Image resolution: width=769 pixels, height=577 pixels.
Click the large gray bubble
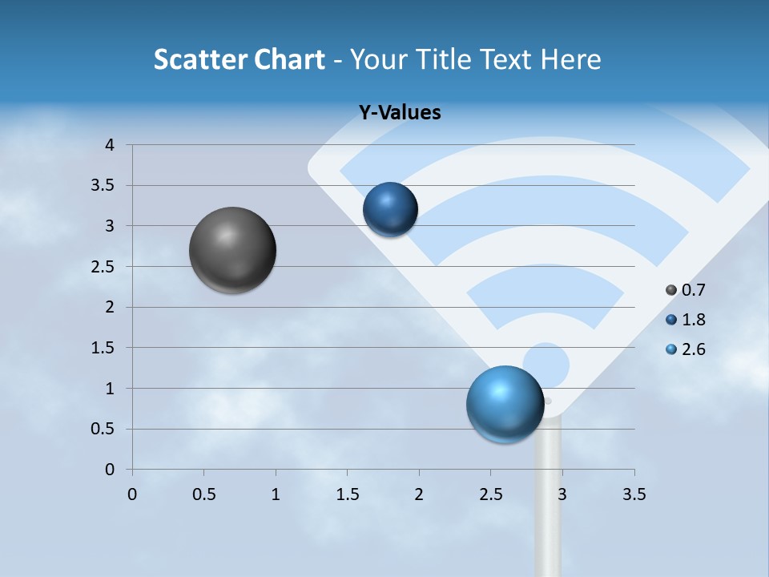click(233, 250)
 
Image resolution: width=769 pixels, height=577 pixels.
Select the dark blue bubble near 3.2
click(390, 209)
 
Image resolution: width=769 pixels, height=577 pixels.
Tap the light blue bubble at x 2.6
click(505, 404)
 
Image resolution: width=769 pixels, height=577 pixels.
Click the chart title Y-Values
click(399, 113)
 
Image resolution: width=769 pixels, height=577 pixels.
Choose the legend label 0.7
click(694, 290)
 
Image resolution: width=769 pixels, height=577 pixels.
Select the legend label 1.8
click(694, 320)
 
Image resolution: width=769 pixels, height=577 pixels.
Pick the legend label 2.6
click(694, 349)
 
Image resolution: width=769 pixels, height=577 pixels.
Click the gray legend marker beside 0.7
click(671, 290)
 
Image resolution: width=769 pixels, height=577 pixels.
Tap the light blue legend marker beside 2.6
click(671, 349)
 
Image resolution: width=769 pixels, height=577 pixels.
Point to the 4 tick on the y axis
click(111, 145)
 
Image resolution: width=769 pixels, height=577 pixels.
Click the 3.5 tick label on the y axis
click(104, 186)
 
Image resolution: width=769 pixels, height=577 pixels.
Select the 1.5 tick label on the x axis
click(347, 494)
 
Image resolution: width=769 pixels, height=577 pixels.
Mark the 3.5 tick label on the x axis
click(634, 494)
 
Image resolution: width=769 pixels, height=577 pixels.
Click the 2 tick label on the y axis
click(111, 307)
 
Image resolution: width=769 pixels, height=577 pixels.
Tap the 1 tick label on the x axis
click(276, 494)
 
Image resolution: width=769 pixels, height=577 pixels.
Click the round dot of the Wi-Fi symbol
click(546, 365)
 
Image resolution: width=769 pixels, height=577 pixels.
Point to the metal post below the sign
click(548, 505)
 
